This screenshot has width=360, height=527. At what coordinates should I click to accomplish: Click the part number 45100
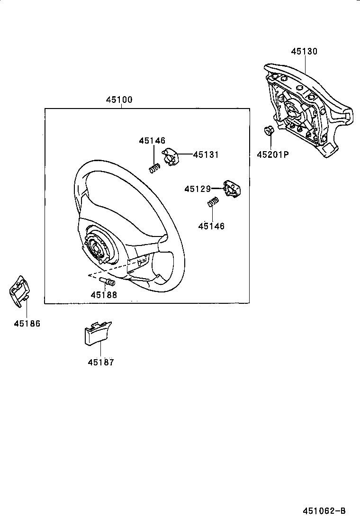[x=119, y=100]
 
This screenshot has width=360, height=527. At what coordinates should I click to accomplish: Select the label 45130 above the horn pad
[x=304, y=52]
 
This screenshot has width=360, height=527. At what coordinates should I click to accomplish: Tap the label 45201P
[x=273, y=154]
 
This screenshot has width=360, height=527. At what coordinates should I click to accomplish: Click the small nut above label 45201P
[x=268, y=131]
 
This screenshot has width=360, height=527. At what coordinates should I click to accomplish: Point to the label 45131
[x=206, y=154]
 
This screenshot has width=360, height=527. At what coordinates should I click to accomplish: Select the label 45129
[x=197, y=189]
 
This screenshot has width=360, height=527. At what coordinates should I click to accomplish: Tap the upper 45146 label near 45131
[x=152, y=141]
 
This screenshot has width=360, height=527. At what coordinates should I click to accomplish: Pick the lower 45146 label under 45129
[x=211, y=226]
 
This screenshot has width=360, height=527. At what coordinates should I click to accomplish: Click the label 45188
[x=104, y=294]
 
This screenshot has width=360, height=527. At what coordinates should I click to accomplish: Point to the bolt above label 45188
[x=109, y=283]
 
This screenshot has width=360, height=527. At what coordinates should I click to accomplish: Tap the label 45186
[x=27, y=324]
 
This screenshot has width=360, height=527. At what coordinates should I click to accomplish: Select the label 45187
[x=101, y=363]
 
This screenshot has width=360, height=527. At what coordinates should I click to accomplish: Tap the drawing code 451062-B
[x=324, y=511]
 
